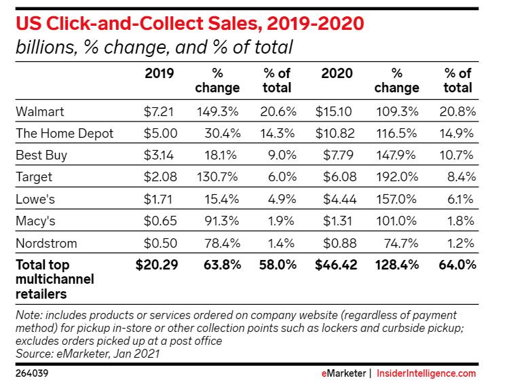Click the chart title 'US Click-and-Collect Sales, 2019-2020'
pyautogui.click(x=189, y=23)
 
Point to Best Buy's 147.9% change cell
pyautogui.click(x=400, y=155)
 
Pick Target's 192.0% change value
pyautogui.click(x=400, y=177)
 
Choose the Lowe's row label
pyautogui.click(x=35, y=200)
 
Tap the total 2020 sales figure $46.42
pyautogui.click(x=333, y=265)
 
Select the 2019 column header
pyautogui.click(x=160, y=73)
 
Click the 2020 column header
pyautogui.click(x=336, y=73)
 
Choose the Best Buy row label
pyautogui.click(x=41, y=155)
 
